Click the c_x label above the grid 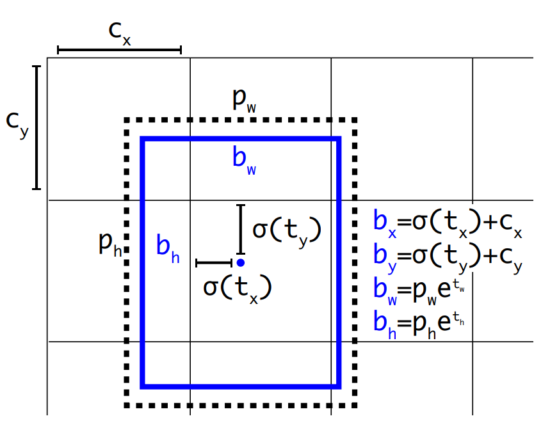tap(120, 33)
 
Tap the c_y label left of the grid tap(17, 124)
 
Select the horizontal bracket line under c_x tap(120, 49)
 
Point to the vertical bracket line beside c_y tap(36, 127)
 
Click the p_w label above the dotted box tap(245, 100)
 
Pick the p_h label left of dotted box tap(109, 244)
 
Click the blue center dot tap(240, 262)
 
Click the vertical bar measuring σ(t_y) tap(240, 229)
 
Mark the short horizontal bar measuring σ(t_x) tap(214, 262)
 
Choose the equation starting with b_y tap(448, 255)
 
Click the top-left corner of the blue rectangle tap(143, 139)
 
